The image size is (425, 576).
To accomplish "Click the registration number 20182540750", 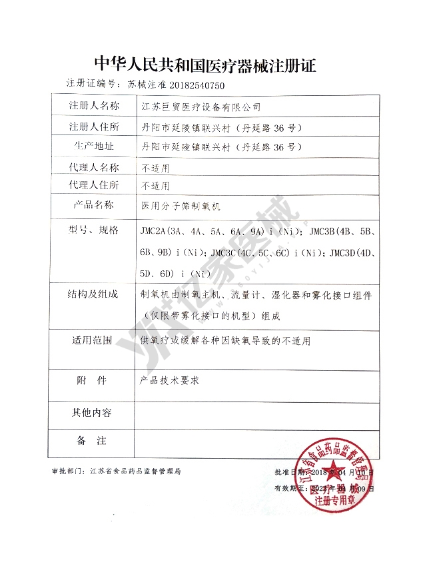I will (189, 85).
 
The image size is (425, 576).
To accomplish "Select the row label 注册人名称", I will (94, 107).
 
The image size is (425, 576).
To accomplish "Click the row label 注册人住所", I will (94, 127).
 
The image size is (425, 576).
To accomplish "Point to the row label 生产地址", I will (94, 146).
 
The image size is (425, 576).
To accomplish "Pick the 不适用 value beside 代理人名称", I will (155, 166).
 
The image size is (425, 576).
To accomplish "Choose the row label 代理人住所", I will (94, 184).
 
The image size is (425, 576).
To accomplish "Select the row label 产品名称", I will (94, 205).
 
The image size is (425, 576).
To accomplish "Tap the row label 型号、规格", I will (94, 230).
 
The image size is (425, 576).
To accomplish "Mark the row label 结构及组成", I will (94, 294).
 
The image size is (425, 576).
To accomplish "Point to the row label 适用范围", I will (94, 340).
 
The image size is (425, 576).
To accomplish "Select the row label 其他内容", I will (93, 413).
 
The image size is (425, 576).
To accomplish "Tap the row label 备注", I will (93, 441).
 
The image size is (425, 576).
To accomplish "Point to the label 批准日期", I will (290, 472).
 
